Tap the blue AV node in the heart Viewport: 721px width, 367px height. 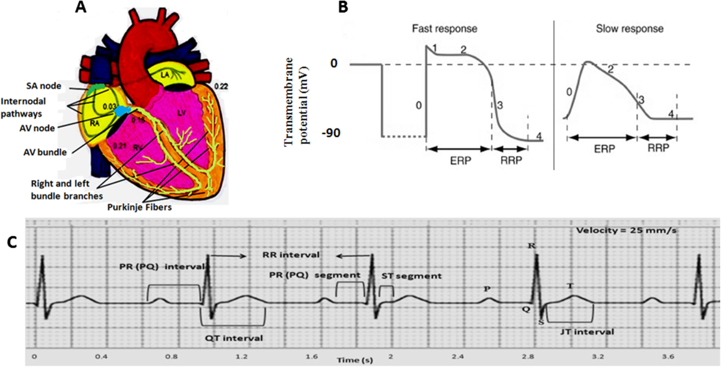pyautogui.click(x=123, y=111)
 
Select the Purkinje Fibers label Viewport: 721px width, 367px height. pyautogui.click(x=139, y=207)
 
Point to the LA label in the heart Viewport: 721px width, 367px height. pyautogui.click(x=165, y=74)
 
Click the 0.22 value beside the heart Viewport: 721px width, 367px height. pyautogui.click(x=221, y=86)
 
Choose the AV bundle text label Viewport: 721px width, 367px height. pyautogui.click(x=45, y=152)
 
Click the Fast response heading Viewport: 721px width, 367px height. pyautogui.click(x=445, y=29)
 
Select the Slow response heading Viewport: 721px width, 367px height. pyautogui.click(x=630, y=29)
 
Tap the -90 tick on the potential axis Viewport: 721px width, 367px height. pyautogui.click(x=331, y=133)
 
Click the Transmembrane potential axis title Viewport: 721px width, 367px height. pyautogui.click(x=296, y=102)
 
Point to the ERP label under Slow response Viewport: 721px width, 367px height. pyautogui.click(x=604, y=149)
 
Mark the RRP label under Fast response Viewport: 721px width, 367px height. pyautogui.click(x=511, y=160)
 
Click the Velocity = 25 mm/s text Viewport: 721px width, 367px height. pyautogui.click(x=626, y=231)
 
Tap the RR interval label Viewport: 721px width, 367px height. pyautogui.click(x=291, y=255)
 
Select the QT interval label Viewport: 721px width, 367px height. pyautogui.click(x=234, y=338)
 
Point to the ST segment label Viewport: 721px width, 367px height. pyautogui.click(x=412, y=276)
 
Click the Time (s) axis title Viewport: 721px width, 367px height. pyautogui.click(x=355, y=360)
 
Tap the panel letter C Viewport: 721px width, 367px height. pyautogui.click(x=12, y=243)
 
